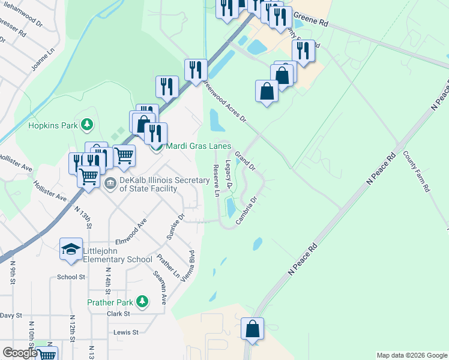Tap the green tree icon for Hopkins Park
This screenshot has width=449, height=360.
(88, 125)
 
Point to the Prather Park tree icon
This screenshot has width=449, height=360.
(142, 301)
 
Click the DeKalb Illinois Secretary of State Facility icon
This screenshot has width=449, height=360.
(110, 183)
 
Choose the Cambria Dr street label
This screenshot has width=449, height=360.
(247, 211)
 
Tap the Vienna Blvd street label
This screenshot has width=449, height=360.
(192, 265)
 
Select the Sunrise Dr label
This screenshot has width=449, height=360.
(179, 226)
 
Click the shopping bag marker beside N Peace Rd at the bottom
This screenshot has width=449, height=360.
(253, 330)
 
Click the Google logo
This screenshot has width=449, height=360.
(20, 353)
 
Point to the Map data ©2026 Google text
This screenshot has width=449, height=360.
(411, 355)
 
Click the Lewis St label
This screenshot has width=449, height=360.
(126, 332)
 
